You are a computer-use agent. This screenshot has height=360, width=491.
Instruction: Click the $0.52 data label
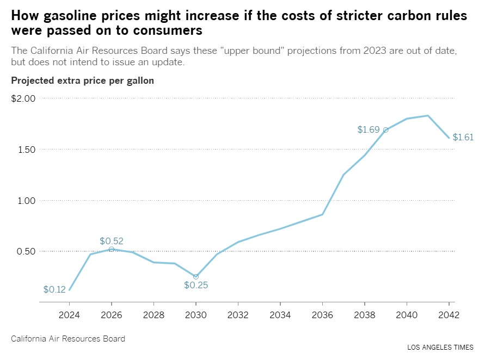[x=111, y=241]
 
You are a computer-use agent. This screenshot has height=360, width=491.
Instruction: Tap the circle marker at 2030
[x=196, y=276]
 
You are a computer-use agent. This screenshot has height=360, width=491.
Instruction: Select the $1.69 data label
[x=368, y=129]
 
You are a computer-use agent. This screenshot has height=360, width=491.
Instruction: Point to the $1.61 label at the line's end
[x=463, y=138]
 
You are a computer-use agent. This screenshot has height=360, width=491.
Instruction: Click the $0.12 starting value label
[x=54, y=290]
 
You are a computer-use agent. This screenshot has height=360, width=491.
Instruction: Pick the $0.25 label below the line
[x=196, y=285]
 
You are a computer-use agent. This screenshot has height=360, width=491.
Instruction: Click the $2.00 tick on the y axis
[x=23, y=98]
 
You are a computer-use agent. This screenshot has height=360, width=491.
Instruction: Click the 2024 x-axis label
[x=69, y=315]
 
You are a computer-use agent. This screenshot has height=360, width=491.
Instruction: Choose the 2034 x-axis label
[x=280, y=315]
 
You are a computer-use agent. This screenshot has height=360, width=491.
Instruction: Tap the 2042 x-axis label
[x=449, y=315]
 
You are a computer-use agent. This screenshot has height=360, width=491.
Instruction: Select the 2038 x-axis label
[x=364, y=315]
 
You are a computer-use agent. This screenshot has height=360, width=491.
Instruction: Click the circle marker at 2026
[x=112, y=249]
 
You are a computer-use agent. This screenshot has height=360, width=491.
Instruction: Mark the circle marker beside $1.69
[x=385, y=130]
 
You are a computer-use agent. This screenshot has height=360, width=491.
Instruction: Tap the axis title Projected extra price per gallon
[x=82, y=80]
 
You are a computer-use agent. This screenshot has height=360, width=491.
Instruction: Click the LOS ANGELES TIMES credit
[x=440, y=347]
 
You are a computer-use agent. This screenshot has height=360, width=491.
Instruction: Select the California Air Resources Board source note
[x=68, y=339]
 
